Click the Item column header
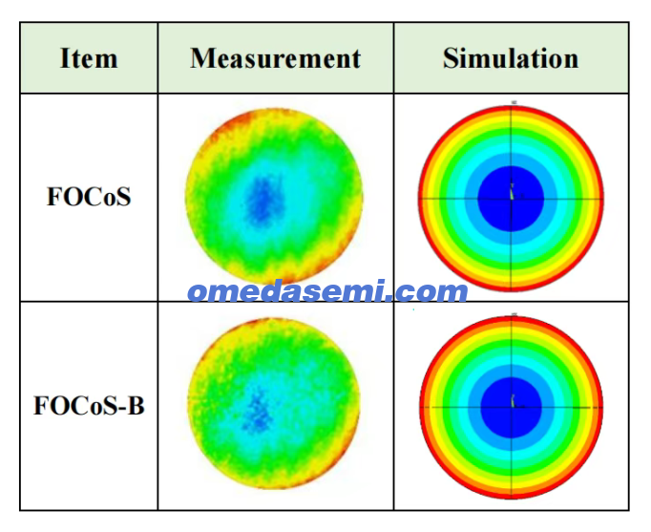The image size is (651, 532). pos(89,58)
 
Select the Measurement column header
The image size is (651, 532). pos(275,58)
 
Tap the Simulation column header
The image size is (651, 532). pos(511,58)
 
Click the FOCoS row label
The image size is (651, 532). pos(89,197)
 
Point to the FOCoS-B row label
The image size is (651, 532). pos(89,405)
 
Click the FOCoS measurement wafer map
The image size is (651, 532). pos(274,196)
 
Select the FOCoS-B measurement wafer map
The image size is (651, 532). pos(274,403)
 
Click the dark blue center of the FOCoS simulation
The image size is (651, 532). pos(511,199)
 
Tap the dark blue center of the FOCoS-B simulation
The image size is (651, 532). pos(512,408)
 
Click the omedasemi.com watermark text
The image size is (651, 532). pos(328,290)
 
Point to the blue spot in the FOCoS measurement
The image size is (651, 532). pos(262,201)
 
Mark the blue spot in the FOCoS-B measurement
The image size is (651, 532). pos(259,413)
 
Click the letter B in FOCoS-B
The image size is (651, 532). pos(136,405)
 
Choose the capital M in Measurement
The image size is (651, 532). pos(202,58)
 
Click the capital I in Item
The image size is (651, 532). pos(65,58)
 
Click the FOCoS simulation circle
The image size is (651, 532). pos(511,199)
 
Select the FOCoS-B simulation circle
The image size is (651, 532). pos(512,408)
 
